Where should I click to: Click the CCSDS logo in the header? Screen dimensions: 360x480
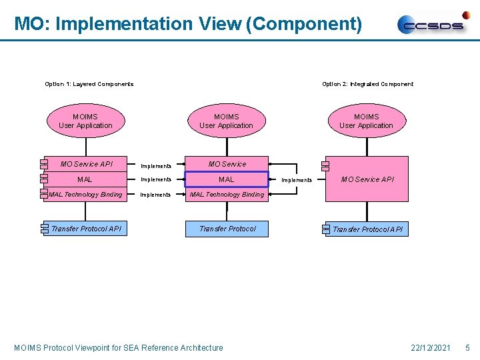433,24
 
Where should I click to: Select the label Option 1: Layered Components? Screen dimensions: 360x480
89,84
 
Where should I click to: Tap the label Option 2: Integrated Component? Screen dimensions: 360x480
367,84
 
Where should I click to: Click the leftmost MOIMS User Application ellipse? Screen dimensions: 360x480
85,121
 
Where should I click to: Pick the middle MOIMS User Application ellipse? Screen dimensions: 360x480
226,121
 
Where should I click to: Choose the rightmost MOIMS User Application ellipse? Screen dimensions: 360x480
366,121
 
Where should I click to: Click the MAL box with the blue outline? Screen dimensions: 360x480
227,179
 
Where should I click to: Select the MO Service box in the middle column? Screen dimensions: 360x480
227,164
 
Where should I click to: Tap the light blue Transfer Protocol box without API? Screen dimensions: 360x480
227,229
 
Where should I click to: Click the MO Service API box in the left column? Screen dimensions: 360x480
86,164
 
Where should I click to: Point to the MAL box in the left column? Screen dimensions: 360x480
85,179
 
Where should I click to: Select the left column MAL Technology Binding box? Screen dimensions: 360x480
85,195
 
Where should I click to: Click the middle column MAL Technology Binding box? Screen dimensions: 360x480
227,195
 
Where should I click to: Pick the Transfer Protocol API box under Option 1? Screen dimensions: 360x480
86,229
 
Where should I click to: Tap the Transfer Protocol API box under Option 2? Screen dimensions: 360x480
367,229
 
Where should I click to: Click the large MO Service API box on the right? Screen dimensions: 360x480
367,179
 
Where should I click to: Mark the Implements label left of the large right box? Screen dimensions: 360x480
296,180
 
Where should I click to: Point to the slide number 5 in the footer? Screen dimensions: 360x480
467,347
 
